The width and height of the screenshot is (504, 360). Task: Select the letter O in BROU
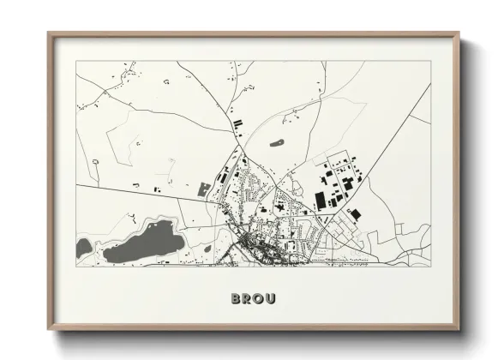click(x=258, y=299)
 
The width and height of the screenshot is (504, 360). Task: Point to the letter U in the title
click(x=271, y=299)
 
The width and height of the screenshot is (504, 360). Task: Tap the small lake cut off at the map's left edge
click(x=82, y=248)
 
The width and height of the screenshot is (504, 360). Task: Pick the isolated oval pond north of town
click(x=276, y=143)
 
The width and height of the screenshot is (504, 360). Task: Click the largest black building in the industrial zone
click(x=321, y=201)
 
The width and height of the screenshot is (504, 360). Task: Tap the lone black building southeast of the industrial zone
click(x=354, y=213)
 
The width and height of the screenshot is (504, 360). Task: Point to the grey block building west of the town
click(x=204, y=189)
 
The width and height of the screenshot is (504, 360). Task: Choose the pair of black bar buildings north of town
click(x=237, y=125)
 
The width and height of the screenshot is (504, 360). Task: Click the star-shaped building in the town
click(x=280, y=206)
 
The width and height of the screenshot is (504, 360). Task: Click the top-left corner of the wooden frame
click(x=49, y=33)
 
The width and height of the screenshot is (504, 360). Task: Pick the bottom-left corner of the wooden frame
click(x=49, y=329)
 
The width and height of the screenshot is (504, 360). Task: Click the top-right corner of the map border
click(x=430, y=61)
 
